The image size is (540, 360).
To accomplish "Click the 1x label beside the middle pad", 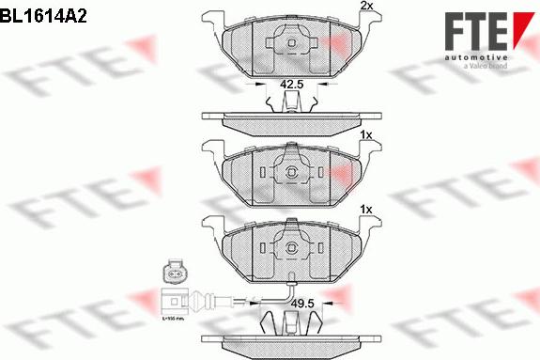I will [365, 135].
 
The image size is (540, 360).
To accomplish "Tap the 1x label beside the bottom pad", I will [365, 209].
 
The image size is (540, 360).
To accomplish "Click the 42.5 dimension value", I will [292, 85].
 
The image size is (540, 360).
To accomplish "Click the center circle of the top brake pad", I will [292, 41].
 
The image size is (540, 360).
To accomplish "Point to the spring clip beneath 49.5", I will [292, 324].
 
